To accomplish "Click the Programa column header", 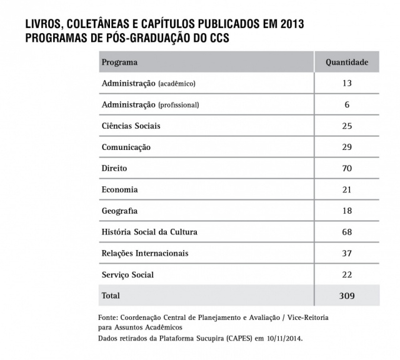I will [119, 62].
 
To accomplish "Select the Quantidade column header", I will [347, 62].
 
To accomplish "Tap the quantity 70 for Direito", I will [347, 168].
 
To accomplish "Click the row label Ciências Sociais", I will [131, 126].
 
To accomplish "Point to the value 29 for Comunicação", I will [347, 147].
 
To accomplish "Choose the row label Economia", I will [119, 189].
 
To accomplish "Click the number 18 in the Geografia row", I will [347, 211].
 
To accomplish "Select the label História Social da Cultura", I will [149, 232].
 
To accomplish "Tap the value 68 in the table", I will [347, 232].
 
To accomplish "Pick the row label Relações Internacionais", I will [144, 253].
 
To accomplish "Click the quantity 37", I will [347, 253].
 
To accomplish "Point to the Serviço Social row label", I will [127, 274].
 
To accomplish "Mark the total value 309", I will [347, 296].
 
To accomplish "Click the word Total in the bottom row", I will [111, 295].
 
